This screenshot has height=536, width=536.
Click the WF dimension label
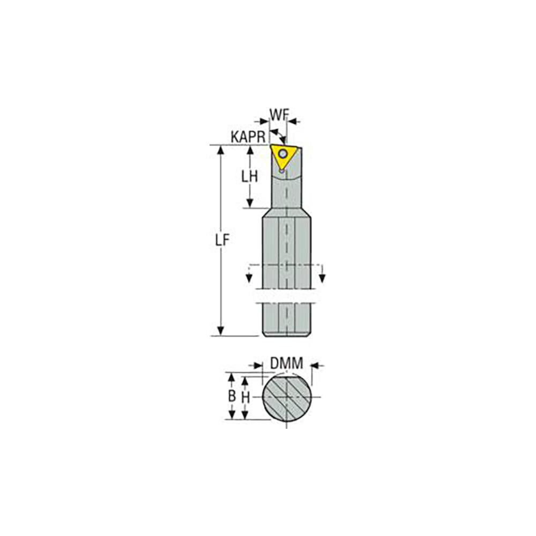[279, 115]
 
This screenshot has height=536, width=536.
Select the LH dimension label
[250, 176]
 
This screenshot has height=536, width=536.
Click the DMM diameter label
[286, 364]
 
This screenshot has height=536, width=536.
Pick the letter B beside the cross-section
[232, 397]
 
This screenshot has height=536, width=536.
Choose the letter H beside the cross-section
[245, 397]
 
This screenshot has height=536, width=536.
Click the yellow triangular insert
[282, 157]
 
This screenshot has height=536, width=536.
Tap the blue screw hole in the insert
[282, 153]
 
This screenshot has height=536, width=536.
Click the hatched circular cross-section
[287, 398]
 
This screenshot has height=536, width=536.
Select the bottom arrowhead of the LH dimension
[250, 203]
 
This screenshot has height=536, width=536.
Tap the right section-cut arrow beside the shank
[323, 277]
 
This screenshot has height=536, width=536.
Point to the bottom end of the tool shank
[287, 334]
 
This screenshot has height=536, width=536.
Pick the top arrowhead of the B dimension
[232, 377]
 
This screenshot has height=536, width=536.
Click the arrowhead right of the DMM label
[314, 366]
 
